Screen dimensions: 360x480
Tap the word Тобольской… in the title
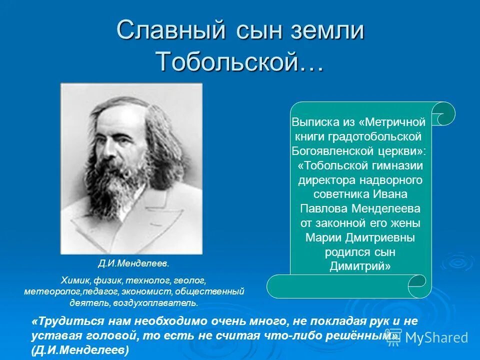click(239, 61)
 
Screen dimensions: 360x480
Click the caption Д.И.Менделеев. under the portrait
click(133, 262)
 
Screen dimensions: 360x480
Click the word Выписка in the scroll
click(311, 122)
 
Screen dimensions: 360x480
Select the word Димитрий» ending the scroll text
click(360, 266)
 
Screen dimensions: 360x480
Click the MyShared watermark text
click(436, 337)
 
